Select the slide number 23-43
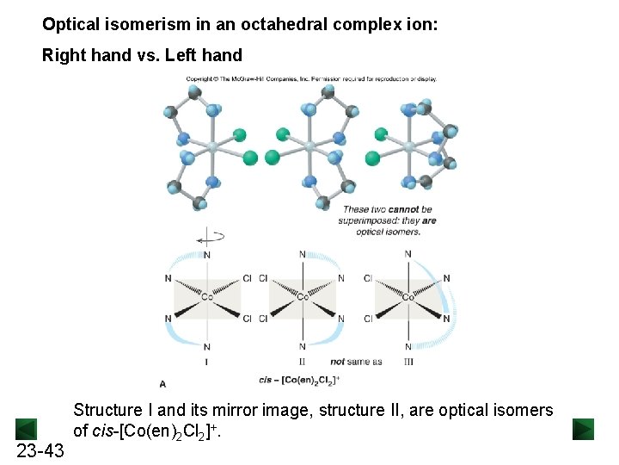coord(41,450)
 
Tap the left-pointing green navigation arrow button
coord(27,429)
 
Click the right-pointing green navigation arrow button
coord(584,429)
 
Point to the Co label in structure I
coord(207,298)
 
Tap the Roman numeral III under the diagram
coord(408,362)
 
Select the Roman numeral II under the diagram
coord(302,362)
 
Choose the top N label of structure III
coord(408,254)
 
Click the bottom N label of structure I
coord(207,347)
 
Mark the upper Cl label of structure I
coord(248,278)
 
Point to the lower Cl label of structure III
coord(368,319)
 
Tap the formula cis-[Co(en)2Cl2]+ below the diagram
coord(299,379)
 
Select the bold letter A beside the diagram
coord(163,383)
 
